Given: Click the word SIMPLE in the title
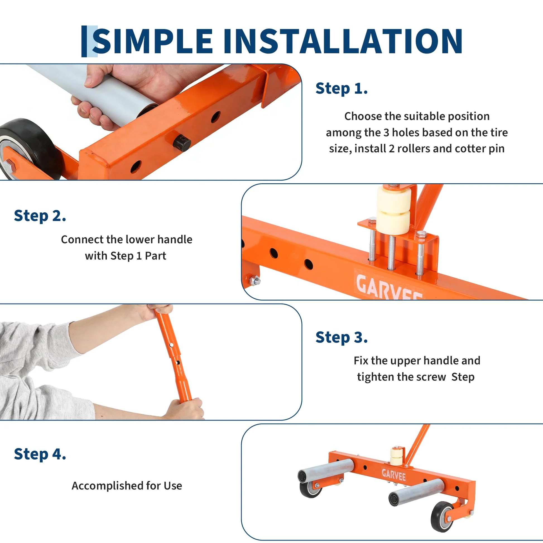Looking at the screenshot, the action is click(x=152, y=41).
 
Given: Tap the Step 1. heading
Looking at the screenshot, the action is click(x=342, y=88).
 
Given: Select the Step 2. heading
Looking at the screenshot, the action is click(x=40, y=216).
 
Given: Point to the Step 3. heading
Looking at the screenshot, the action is click(x=342, y=337).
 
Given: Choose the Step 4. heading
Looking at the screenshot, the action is click(x=40, y=454).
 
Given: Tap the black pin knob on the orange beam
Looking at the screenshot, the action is click(x=182, y=143).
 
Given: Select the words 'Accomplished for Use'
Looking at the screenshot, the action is click(x=127, y=486).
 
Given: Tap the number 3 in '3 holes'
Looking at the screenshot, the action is click(x=387, y=133).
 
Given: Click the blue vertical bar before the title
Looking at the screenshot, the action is click(x=84, y=41).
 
